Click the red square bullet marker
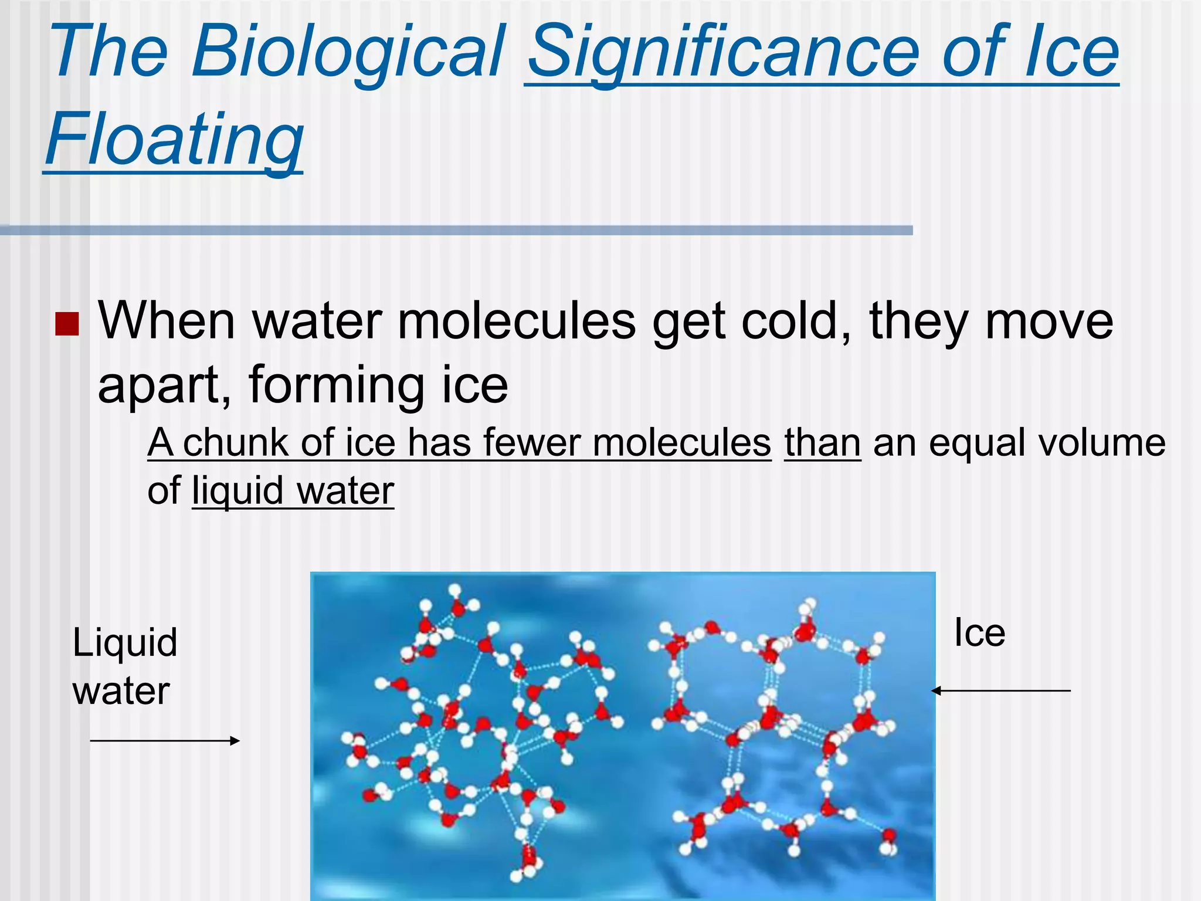(x=67, y=323)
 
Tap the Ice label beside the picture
(x=979, y=633)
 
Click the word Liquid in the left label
(x=125, y=642)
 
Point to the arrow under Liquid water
(x=165, y=741)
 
